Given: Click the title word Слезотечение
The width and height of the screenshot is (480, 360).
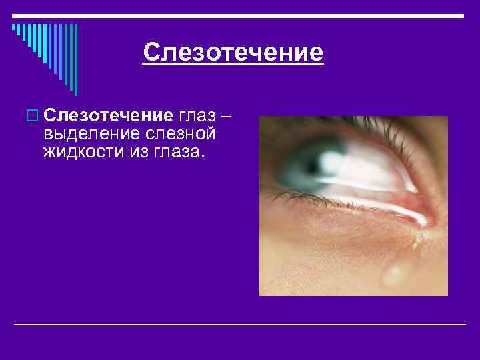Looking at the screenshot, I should click(x=233, y=52).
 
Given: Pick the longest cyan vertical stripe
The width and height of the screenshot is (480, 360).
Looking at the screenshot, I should click(x=75, y=60).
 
